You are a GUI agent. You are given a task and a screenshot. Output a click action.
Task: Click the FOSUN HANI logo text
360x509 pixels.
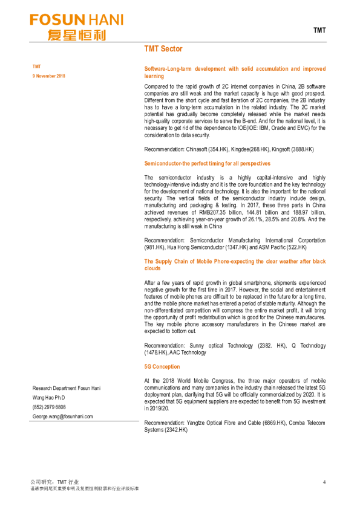(x=77, y=20)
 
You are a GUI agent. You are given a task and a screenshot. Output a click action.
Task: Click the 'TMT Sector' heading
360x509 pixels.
(x=163, y=48)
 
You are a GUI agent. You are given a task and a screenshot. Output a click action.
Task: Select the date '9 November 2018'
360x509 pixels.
(x=48, y=76)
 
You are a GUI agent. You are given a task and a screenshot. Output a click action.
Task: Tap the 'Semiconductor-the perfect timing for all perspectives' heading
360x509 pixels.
(x=207, y=163)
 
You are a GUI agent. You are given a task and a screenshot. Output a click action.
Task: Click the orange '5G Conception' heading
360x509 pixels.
(x=162, y=366)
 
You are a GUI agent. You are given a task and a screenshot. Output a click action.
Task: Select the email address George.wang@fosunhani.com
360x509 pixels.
(x=62, y=417)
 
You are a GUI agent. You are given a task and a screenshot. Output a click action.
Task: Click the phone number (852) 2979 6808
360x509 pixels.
(x=49, y=407)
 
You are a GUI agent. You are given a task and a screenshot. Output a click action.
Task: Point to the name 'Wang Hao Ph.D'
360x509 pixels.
(x=48, y=397)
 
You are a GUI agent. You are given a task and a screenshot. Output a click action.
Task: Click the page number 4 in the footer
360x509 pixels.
(x=324, y=482)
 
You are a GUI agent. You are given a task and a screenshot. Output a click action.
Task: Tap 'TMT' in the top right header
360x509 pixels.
(x=319, y=30)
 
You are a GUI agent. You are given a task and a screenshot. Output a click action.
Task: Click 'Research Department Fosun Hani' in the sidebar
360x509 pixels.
(x=67, y=387)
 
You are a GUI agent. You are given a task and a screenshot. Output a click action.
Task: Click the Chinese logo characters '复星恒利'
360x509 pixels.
(x=77, y=34)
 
